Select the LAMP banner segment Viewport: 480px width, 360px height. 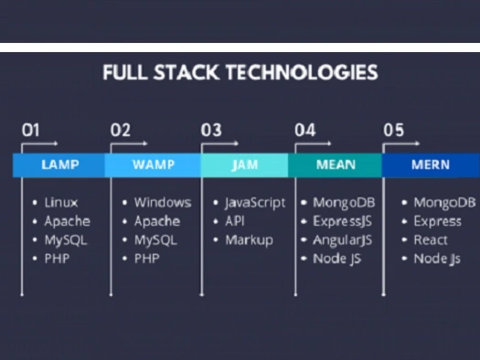pos(60,165)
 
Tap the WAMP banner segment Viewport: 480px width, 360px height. pos(153,165)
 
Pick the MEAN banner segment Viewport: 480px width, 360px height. pos(335,165)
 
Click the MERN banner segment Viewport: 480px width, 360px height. pos(430,165)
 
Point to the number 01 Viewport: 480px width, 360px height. pos(30,130)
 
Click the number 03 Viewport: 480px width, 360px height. pos(211,130)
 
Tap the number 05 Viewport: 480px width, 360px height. pos(393,130)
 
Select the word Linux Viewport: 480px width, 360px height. pos(61,203)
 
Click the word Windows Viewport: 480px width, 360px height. pos(162,203)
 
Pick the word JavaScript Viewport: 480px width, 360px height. pos(255,203)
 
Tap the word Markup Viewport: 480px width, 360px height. pos(249,240)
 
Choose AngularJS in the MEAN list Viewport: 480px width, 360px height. pos(342,240)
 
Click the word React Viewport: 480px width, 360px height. pos(430,240)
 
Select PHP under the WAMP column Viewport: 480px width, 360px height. pos(146,259)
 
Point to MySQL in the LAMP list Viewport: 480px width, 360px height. pos(66,240)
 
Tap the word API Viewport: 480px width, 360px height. pos(236,221)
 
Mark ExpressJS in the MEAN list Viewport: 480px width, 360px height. pos(342,221)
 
